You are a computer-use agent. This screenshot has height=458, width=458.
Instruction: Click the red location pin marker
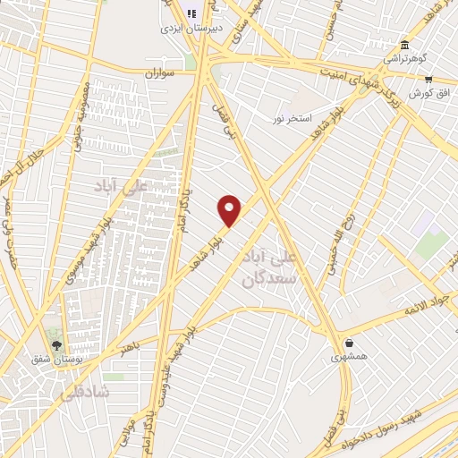pos(230,210)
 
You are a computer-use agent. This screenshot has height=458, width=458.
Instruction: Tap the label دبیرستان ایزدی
pos(190,29)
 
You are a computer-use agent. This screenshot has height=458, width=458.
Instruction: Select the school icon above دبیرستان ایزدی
pos(190,14)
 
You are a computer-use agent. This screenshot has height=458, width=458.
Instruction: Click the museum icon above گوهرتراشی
pos(406,46)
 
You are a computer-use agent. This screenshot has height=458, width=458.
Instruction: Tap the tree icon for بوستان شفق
pos(57,345)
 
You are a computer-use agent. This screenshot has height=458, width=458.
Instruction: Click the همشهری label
pos(348,356)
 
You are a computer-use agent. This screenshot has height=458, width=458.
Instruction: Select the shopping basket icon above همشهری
pos(348,343)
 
